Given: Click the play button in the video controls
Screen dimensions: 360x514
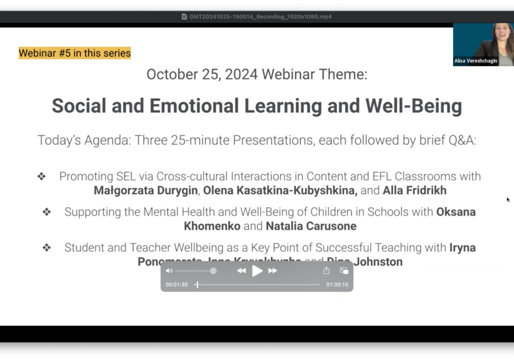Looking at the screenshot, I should [257, 271].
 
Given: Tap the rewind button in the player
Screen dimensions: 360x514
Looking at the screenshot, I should [241, 271].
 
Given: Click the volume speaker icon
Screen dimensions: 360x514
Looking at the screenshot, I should [169, 271].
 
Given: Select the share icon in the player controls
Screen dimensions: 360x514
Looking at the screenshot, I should [326, 270].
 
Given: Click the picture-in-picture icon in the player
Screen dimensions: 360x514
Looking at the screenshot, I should [344, 270].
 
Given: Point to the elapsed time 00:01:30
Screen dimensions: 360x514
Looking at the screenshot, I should [176, 284].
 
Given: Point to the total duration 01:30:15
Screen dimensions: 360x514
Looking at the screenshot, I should [337, 284].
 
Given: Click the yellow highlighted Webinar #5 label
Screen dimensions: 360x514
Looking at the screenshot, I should [74, 53].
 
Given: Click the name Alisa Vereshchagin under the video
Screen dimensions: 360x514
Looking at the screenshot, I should [475, 61].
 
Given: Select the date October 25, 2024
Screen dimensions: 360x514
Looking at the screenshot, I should [202, 74].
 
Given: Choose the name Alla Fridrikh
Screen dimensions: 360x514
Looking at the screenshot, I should [415, 190].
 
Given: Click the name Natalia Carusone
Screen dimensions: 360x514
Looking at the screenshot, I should [311, 226].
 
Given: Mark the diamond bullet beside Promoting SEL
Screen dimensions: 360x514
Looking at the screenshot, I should [41, 176].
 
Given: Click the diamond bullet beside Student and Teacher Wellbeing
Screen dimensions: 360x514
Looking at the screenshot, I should [46, 247].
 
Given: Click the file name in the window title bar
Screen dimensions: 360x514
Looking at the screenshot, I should [260, 16].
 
